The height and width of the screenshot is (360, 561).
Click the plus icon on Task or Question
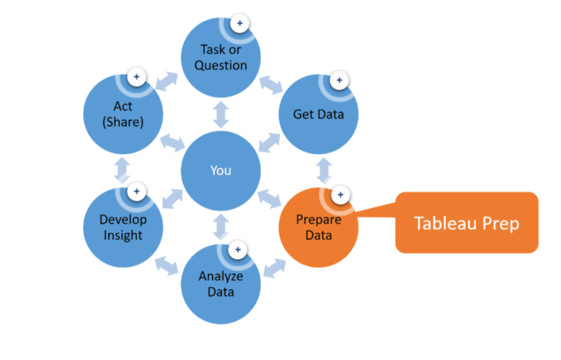pos(238,23)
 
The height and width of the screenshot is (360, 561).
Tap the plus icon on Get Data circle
pos(339,80)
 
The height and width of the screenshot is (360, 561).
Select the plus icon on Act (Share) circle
pos(136,77)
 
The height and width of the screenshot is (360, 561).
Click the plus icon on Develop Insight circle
pos(136,191)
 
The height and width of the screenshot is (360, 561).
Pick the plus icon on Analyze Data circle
pos(238,249)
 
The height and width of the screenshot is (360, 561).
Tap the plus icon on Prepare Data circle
pos(340,195)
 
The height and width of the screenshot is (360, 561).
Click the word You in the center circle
pos(221,169)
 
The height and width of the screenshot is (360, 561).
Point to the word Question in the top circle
pos(221,65)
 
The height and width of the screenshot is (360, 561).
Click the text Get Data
pos(318,114)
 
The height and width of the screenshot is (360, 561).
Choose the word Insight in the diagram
pos(123,235)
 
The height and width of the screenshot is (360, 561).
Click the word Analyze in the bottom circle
pos(221,277)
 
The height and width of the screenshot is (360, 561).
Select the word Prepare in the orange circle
pos(318,220)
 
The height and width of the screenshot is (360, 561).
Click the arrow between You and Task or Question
pos(221,114)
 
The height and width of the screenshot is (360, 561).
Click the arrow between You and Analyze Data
pos(221,225)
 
